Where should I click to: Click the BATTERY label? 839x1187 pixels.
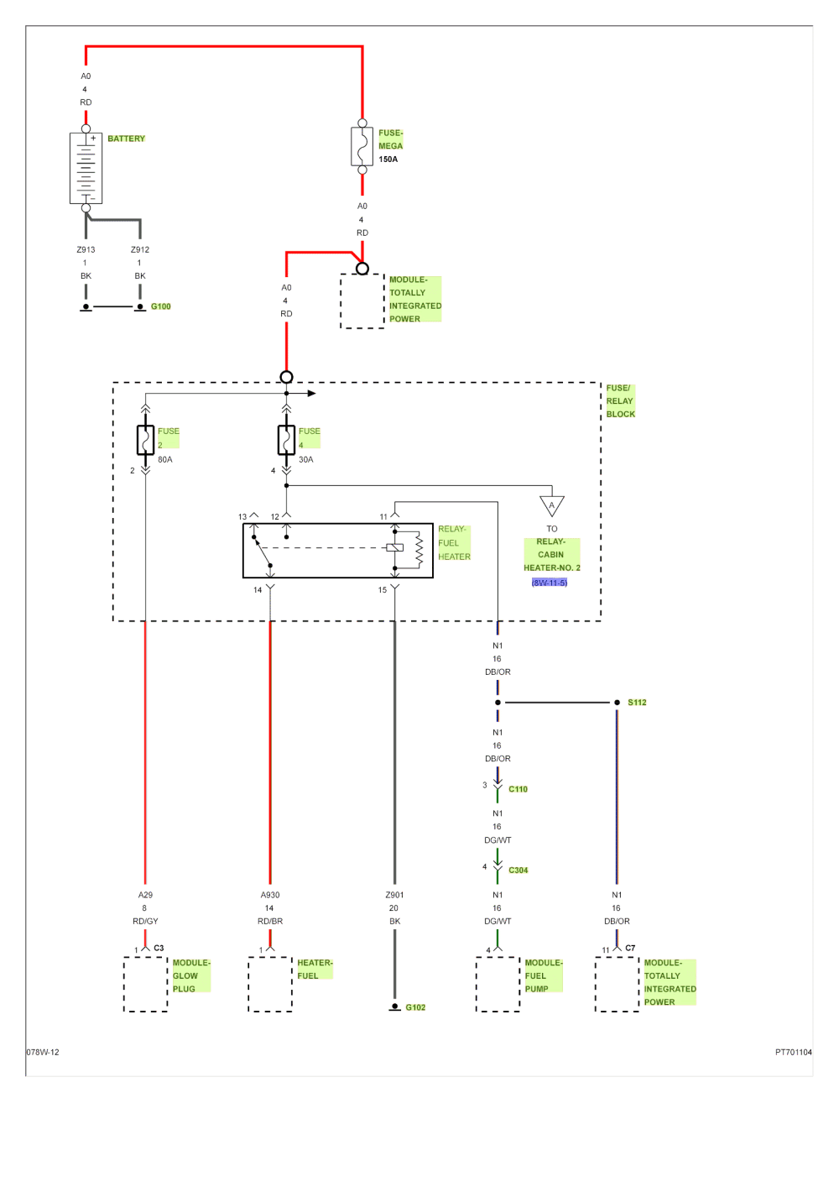point(127,139)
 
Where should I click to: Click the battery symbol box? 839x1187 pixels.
point(86,168)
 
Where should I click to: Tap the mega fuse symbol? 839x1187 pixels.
point(362,147)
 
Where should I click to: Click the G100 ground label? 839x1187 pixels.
point(160,306)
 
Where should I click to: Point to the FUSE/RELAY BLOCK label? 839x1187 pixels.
point(621,401)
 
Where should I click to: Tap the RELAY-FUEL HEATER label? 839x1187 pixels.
point(454,543)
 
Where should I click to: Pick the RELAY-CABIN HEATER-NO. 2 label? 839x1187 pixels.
point(551,555)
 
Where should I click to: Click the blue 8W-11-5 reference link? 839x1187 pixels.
point(550,582)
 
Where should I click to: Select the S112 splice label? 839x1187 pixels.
point(638,702)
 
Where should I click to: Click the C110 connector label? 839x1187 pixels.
point(519,789)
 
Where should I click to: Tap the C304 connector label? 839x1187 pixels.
point(519,870)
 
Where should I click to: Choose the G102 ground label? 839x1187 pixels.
point(416,1007)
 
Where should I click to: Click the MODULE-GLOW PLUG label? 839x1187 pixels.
point(191,975)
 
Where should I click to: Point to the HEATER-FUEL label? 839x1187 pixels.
point(315,969)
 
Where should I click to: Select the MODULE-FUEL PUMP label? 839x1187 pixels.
point(544,975)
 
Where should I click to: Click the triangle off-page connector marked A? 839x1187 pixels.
point(551,506)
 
